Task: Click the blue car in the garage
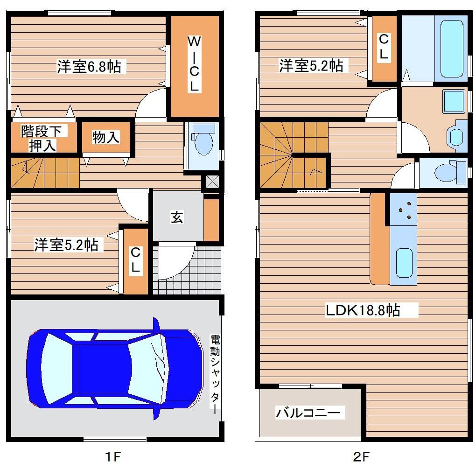[115, 369]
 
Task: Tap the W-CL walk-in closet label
[194, 64]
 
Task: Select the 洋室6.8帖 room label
[89, 66]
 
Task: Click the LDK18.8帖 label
[363, 310]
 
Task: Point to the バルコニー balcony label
[308, 412]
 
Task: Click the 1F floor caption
[113, 456]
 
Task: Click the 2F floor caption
[361, 456]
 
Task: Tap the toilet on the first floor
[203, 140]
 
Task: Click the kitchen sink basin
[404, 263]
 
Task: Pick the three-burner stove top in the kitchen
[404, 209]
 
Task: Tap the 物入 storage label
[105, 137]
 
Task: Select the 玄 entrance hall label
[177, 217]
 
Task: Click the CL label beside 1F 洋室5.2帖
[135, 259]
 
